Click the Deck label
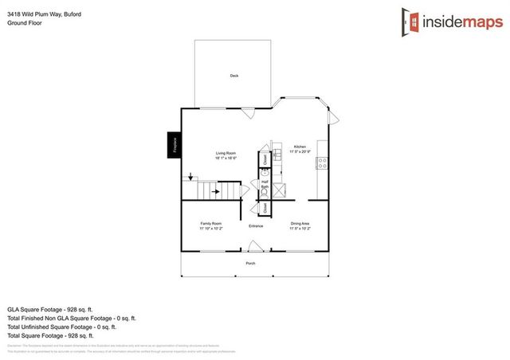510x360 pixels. (234, 76)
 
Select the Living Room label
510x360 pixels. (226, 153)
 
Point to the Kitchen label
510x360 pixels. (300, 147)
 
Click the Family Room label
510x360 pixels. (210, 224)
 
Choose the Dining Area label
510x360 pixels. (300, 224)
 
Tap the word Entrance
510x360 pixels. (256, 226)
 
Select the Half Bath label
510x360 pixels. (265, 184)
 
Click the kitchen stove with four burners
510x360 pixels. (323, 163)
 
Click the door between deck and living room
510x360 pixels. (248, 112)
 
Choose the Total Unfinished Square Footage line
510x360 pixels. (61, 327)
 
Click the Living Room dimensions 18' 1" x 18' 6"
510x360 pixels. (226, 158)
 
